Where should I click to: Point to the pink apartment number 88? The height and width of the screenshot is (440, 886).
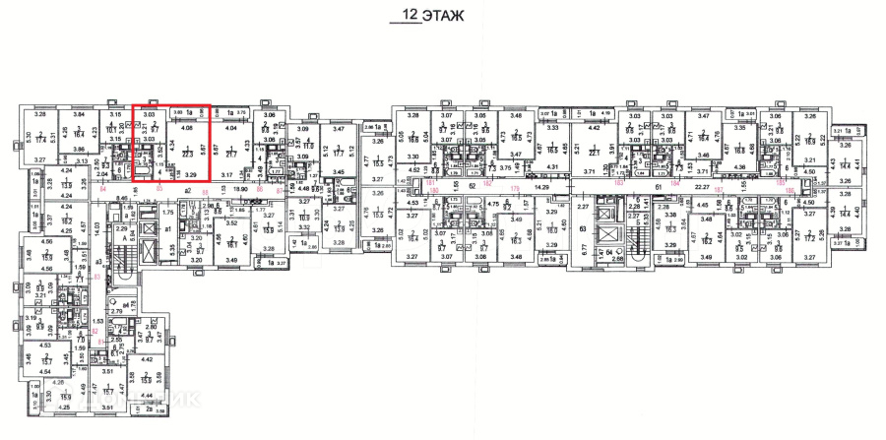coord(205,190)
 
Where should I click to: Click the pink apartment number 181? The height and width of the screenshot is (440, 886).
coord(431,183)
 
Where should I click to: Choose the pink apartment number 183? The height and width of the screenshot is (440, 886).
coord(620,183)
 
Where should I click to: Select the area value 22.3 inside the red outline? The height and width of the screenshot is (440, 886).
coord(187,153)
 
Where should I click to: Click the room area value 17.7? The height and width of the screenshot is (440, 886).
coord(337,154)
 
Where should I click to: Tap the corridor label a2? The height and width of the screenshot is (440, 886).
coord(186,190)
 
